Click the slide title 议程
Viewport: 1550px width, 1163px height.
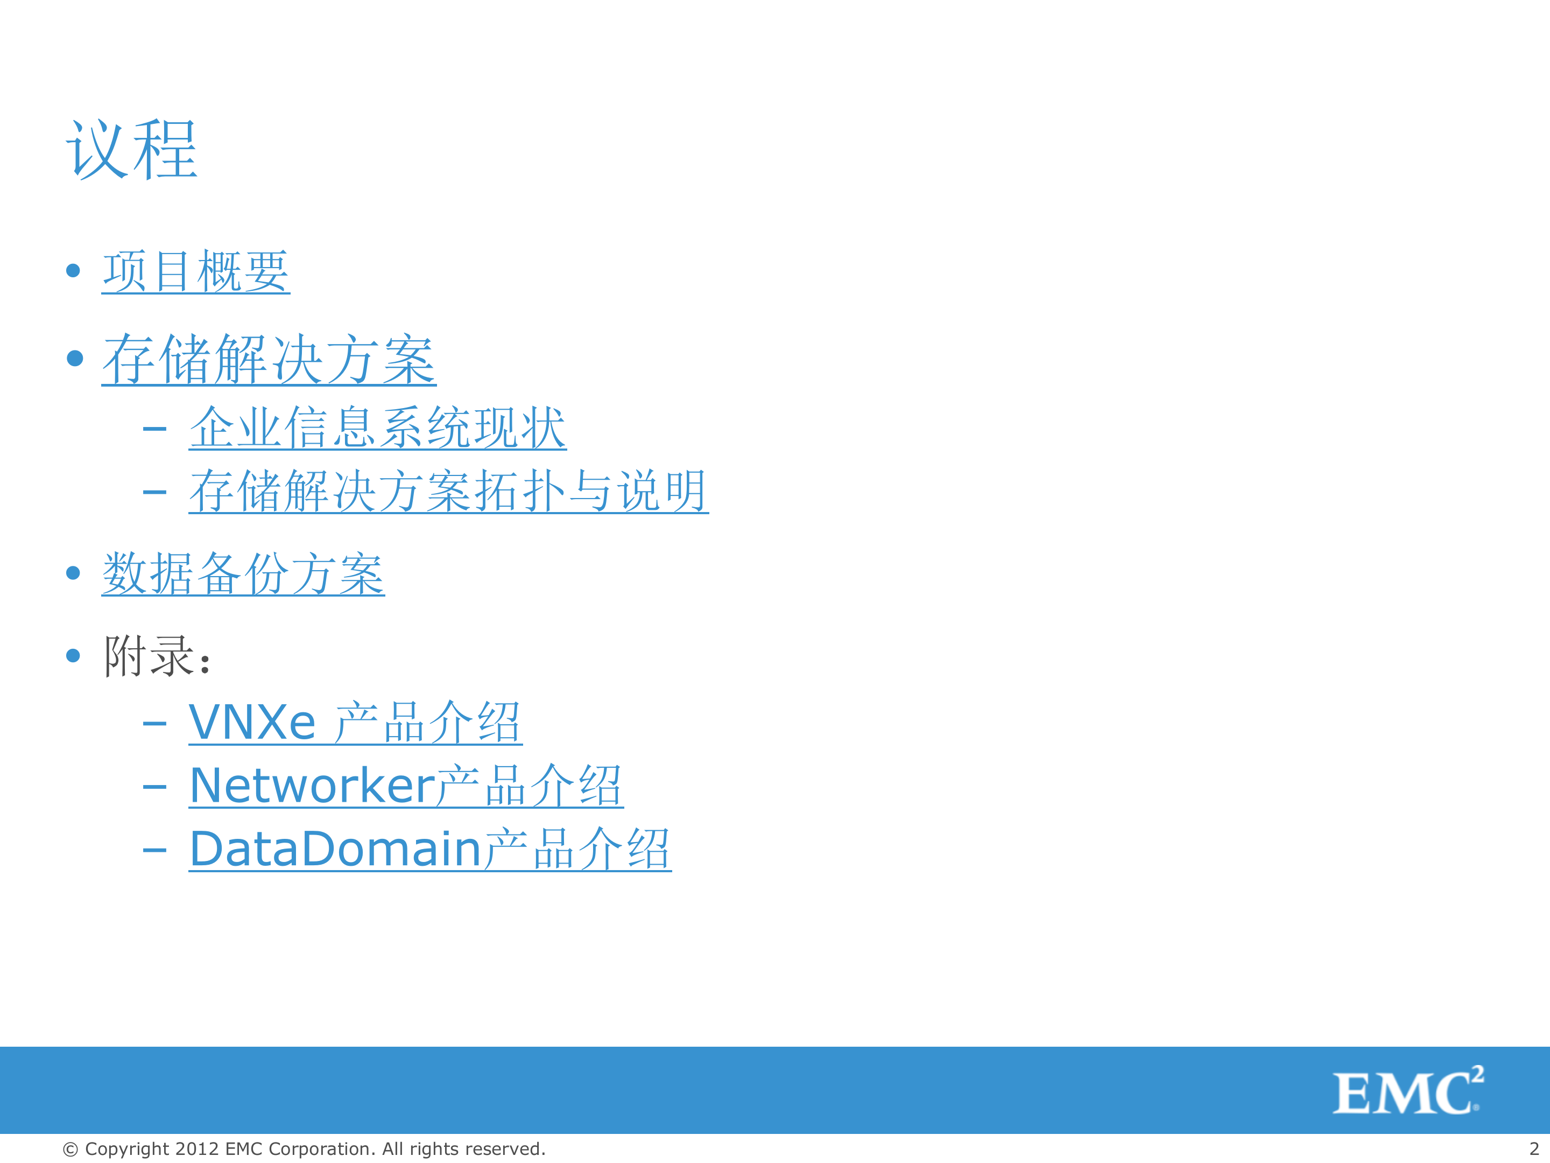tap(132, 149)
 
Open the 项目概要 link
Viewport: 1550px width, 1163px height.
tap(195, 271)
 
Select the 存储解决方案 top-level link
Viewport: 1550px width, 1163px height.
tap(269, 359)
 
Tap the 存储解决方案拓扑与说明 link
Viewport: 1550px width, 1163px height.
tap(448, 491)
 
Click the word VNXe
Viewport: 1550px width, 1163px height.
tap(252, 722)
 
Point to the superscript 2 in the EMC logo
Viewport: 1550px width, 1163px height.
tap(1477, 1075)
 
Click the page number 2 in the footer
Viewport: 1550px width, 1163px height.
tap(1534, 1149)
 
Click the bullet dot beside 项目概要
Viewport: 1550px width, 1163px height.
tap(73, 271)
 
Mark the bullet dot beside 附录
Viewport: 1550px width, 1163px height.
tap(73, 655)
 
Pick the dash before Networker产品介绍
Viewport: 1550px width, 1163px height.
tap(154, 787)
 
